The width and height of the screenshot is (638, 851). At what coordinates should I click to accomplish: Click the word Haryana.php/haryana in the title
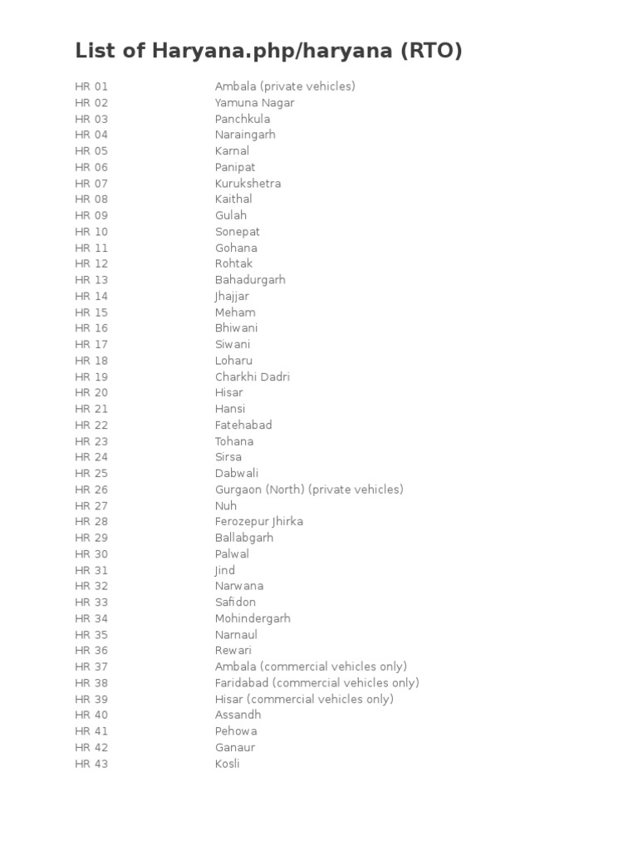point(273,52)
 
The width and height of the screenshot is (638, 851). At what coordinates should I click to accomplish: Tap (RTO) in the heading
point(431,52)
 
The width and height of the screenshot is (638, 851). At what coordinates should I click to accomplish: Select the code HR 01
point(91,86)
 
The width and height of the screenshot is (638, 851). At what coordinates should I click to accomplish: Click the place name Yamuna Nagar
point(254,103)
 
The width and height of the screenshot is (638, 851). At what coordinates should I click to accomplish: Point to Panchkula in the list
point(243,119)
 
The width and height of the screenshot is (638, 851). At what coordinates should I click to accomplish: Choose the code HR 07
point(91,184)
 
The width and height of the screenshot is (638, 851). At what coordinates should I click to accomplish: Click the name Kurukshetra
point(248,184)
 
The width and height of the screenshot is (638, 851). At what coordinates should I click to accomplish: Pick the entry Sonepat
point(238,232)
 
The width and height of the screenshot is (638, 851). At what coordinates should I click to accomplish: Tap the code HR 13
point(91,280)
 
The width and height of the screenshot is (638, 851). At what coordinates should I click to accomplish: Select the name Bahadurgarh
point(250,280)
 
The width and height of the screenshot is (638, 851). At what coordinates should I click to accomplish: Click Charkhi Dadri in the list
point(253,376)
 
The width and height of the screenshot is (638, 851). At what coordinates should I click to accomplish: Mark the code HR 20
point(91,393)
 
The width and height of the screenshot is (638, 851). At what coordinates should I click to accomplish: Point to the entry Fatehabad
point(243,425)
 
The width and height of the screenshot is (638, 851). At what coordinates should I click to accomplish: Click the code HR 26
point(91,489)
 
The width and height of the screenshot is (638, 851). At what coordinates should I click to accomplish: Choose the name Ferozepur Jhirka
point(259,522)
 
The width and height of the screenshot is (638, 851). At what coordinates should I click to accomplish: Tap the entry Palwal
point(232,554)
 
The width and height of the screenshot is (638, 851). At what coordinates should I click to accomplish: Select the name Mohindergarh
point(253,618)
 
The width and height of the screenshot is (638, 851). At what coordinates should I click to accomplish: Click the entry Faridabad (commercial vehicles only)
point(317,683)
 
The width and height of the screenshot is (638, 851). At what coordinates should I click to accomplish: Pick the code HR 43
point(91,764)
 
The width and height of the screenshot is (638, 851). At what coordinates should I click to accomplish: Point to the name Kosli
point(227,764)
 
